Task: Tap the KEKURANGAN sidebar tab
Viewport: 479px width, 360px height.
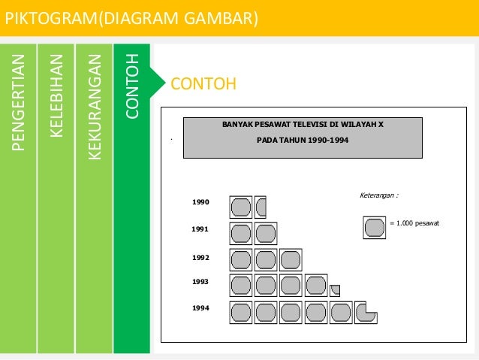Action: tap(94, 106)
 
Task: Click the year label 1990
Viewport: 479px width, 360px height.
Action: tap(200, 202)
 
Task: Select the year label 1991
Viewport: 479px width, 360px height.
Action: tap(200, 228)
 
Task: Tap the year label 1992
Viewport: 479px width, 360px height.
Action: tap(200, 258)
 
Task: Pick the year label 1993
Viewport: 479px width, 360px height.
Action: tap(200, 282)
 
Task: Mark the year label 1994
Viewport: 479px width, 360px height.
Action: tap(200, 308)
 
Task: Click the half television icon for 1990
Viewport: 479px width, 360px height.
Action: tap(261, 206)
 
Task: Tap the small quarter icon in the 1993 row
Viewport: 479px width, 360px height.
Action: tap(335, 289)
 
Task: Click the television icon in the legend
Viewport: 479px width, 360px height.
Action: tap(373, 227)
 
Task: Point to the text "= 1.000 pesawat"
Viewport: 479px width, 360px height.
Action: tap(415, 224)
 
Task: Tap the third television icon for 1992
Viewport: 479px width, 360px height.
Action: tap(290, 259)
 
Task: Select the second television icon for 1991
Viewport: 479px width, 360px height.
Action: tap(266, 233)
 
